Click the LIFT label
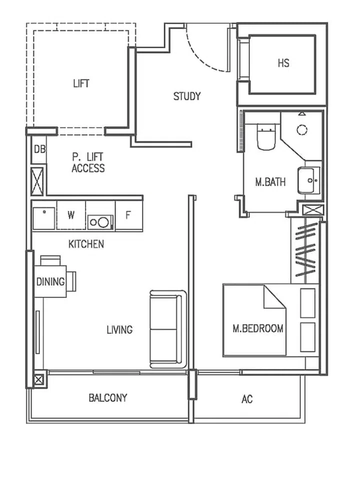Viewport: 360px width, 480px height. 81,83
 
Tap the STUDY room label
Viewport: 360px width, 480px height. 187,96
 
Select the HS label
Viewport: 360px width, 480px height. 283,63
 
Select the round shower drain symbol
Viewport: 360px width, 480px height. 302,130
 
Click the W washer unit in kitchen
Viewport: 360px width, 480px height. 71,215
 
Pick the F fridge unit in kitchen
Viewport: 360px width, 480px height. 128,215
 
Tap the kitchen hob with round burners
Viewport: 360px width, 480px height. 100,221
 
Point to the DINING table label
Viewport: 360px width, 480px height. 50,281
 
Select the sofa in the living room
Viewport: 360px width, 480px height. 167,329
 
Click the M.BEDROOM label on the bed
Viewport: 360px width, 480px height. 258,328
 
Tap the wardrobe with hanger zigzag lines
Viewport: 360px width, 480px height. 305,252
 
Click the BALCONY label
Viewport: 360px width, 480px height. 108,398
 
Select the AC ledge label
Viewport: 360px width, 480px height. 247,399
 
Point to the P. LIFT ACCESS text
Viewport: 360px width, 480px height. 88,163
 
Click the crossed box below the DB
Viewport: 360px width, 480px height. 38,181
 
